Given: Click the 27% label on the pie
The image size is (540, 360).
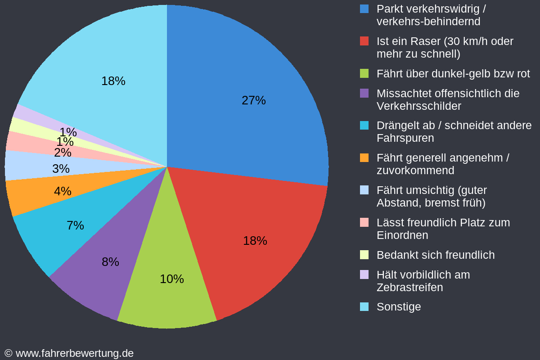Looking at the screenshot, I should pyautogui.click(x=253, y=100).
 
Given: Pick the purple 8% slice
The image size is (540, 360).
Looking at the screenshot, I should pyautogui.click(x=110, y=262).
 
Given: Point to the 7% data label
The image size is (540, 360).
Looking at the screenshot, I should pyautogui.click(x=75, y=225).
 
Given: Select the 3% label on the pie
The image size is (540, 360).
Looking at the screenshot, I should pyautogui.click(x=61, y=169).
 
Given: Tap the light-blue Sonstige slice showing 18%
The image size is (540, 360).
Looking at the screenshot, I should pyautogui.click(x=112, y=81).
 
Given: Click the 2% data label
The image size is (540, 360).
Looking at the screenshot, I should pyautogui.click(x=63, y=153).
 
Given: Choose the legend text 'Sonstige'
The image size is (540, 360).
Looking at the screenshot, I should pyautogui.click(x=399, y=307).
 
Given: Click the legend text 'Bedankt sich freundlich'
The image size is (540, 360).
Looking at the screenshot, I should pyautogui.click(x=435, y=255).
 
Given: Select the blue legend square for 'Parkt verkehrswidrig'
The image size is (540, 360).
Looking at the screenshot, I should pyautogui.click(x=364, y=9).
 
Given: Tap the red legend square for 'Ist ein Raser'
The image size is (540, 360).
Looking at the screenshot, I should pyautogui.click(x=364, y=41).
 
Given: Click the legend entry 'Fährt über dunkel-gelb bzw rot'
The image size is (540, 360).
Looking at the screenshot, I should pyautogui.click(x=453, y=74).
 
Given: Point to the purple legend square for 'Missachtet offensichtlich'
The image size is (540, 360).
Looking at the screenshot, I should pyautogui.click(x=364, y=93).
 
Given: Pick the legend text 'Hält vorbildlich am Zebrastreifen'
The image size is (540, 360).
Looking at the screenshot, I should pyautogui.click(x=423, y=281).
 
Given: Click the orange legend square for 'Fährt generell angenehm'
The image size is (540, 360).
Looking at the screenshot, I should pyautogui.click(x=364, y=158).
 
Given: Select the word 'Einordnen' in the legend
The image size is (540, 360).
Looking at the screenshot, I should pyautogui.click(x=402, y=235).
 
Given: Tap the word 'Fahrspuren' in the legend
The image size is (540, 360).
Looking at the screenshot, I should pyautogui.click(x=405, y=138).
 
